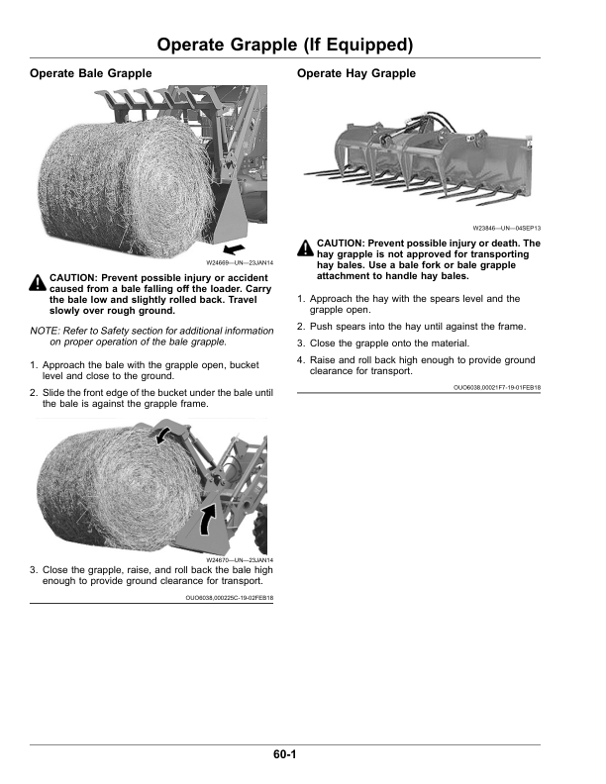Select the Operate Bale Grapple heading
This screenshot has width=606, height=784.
[x=91, y=74]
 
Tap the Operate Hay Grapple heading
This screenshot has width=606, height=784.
[x=355, y=74]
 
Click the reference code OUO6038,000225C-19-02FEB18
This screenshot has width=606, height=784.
[x=230, y=599]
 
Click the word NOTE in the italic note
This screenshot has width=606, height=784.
[x=44, y=330]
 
